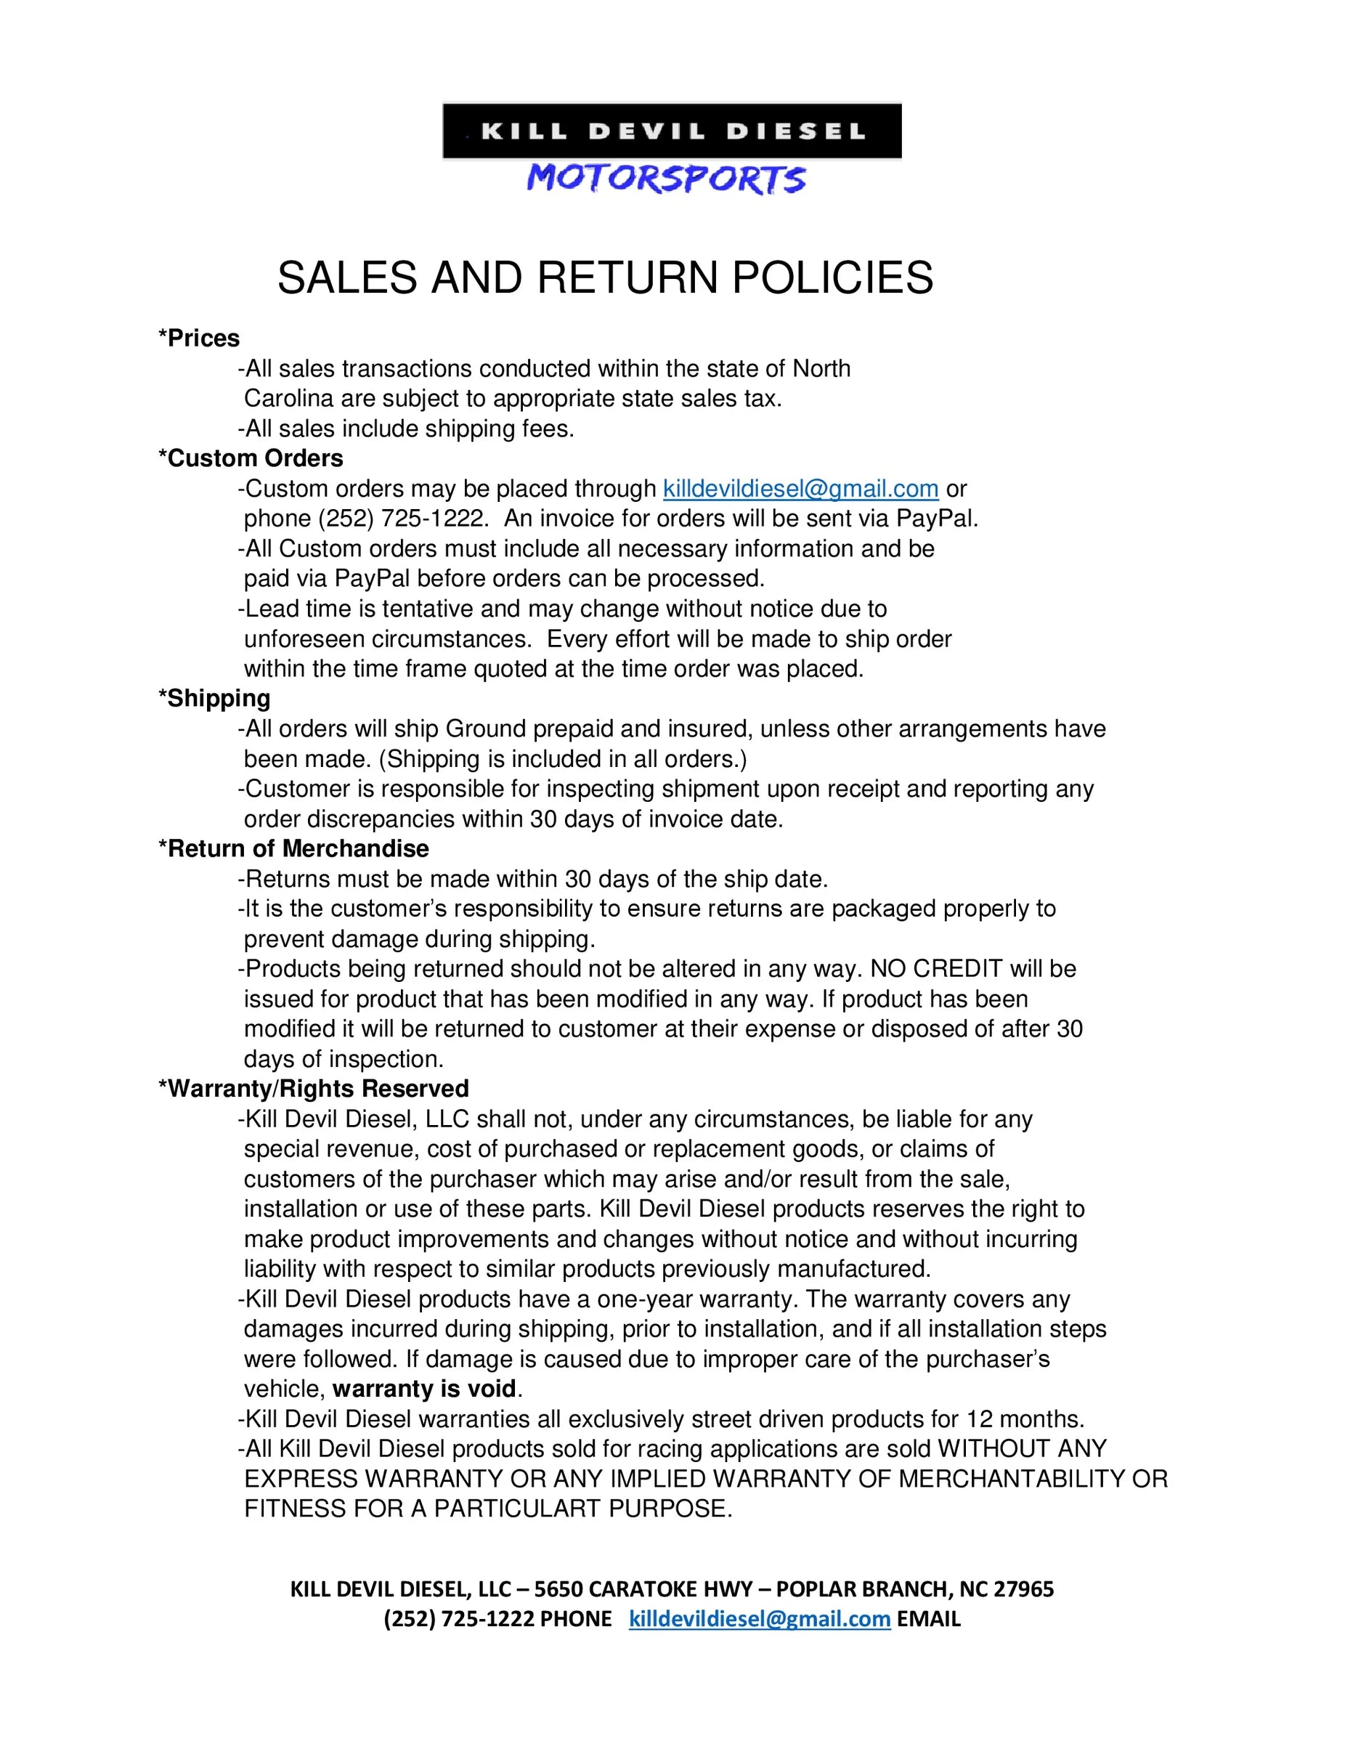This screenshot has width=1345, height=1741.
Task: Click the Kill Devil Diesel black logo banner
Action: tap(671, 131)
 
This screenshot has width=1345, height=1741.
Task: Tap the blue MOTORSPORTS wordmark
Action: tap(666, 179)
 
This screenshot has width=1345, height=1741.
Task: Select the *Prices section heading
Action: tap(199, 338)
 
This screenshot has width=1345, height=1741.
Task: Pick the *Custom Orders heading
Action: tap(251, 458)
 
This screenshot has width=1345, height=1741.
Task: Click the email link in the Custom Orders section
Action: tap(800, 489)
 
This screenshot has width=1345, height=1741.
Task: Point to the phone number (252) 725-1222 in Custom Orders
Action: tap(401, 519)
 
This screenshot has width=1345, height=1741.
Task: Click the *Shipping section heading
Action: tap(214, 698)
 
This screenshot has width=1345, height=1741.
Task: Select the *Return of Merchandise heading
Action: tap(293, 848)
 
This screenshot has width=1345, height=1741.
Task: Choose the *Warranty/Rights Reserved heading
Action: tap(313, 1089)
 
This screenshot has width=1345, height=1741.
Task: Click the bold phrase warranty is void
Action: tap(424, 1389)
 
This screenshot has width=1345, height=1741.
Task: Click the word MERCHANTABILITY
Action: tap(1011, 1479)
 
